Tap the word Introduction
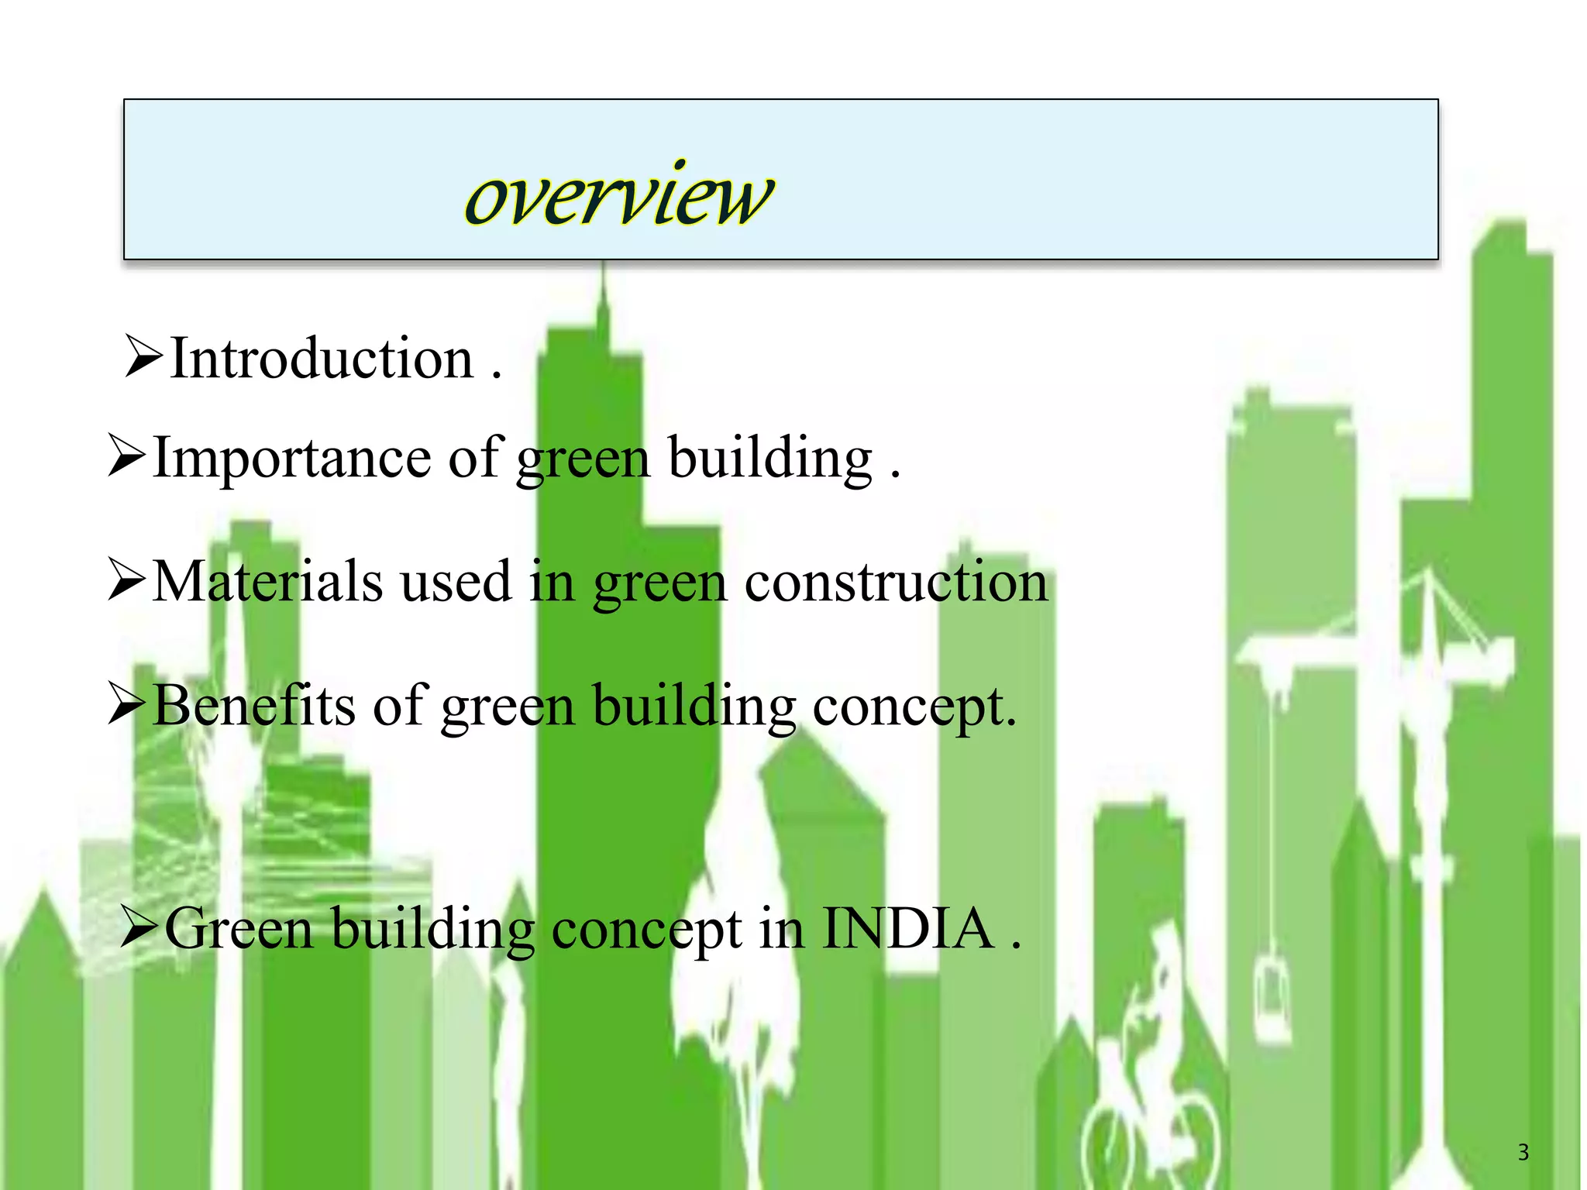pos(322,359)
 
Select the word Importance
pos(291,459)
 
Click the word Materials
pos(267,582)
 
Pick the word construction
pos(896,582)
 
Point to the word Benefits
pos(254,706)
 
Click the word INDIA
pos(907,928)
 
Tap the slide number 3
pos(1523,1153)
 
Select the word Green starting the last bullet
pos(239,928)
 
